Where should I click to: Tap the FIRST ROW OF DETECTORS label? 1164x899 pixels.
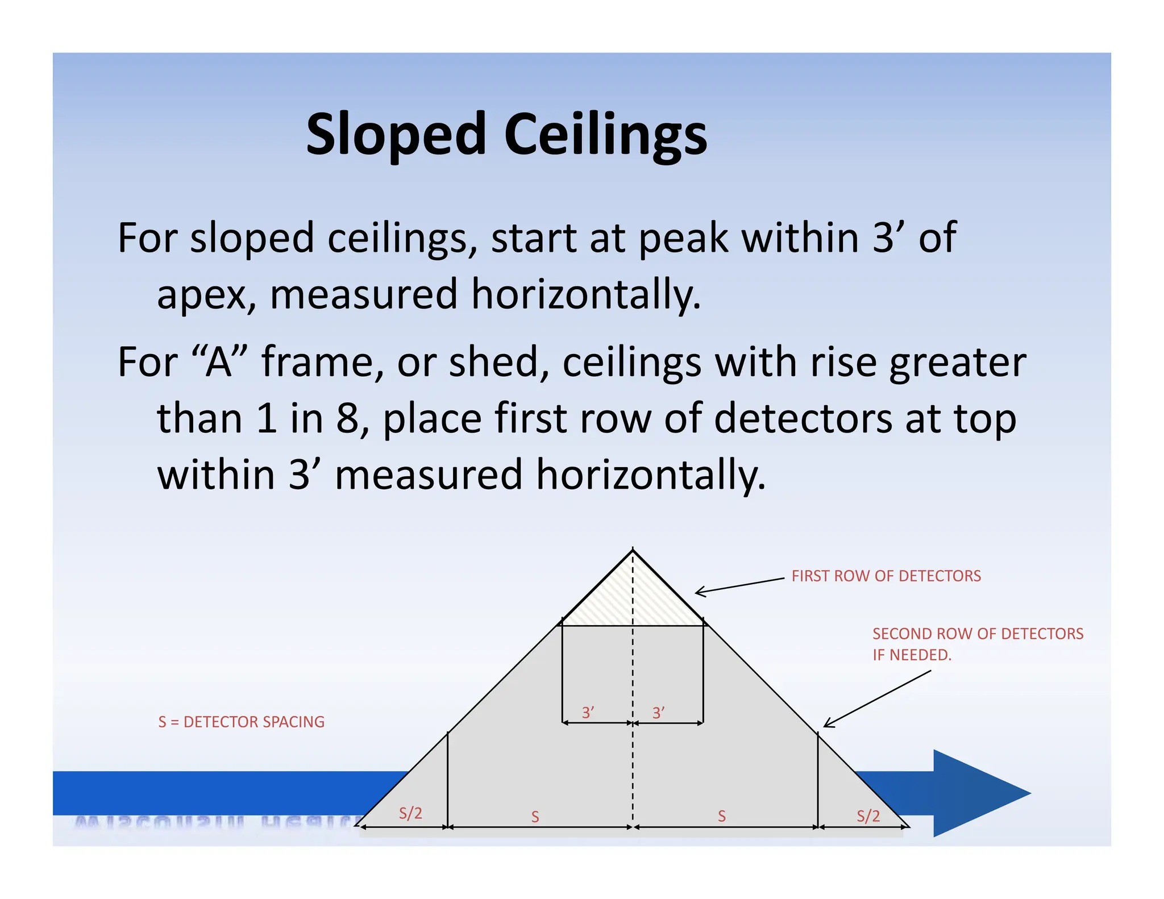click(x=886, y=576)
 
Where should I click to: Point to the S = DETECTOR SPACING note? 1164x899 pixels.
click(x=241, y=722)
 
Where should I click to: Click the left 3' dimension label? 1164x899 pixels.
click(x=588, y=712)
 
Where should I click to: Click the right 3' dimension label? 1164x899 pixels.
click(x=659, y=713)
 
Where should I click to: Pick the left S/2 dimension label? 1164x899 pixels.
click(x=410, y=813)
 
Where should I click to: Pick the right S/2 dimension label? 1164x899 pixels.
click(x=868, y=816)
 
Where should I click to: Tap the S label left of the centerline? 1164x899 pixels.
click(x=535, y=817)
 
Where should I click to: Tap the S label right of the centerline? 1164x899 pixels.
click(x=722, y=817)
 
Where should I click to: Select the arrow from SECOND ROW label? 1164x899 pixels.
click(x=878, y=698)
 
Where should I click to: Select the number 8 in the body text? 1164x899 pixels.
click(x=347, y=419)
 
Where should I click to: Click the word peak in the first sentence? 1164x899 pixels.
click(x=684, y=239)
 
